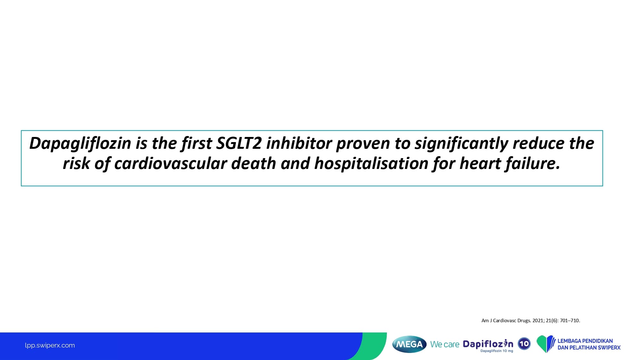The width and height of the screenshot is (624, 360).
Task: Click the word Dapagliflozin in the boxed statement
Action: click(80, 144)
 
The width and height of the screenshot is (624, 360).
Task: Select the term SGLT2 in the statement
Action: click(239, 143)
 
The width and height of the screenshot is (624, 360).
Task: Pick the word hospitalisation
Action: click(371, 164)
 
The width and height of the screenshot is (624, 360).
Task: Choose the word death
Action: click(254, 163)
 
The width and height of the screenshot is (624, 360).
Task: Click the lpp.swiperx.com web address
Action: click(50, 345)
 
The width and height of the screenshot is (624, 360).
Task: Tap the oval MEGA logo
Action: click(409, 344)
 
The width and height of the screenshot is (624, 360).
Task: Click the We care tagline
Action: click(445, 344)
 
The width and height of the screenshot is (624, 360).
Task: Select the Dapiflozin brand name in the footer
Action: click(488, 344)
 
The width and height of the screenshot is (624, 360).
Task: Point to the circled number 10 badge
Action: click(524, 344)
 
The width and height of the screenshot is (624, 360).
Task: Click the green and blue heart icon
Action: click(546, 344)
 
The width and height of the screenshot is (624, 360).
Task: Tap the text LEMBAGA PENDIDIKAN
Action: click(585, 341)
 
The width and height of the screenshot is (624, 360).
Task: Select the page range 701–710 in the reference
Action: click(570, 320)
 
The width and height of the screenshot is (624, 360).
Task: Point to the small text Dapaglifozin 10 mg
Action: click(497, 351)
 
